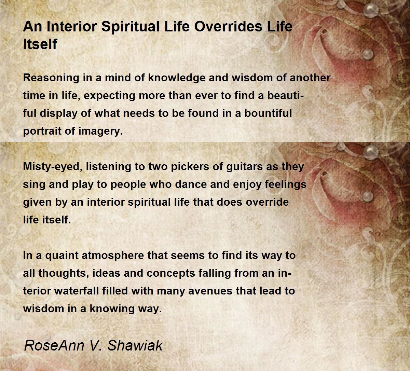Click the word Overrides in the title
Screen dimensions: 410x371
click(228, 27)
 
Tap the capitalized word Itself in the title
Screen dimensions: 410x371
click(40, 44)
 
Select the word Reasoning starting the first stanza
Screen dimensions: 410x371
click(51, 78)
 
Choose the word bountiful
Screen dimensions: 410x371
click(268, 113)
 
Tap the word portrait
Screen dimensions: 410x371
click(42, 131)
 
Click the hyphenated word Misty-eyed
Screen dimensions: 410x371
click(53, 167)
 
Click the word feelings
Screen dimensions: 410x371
click(286, 185)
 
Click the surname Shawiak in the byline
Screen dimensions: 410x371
click(135, 345)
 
